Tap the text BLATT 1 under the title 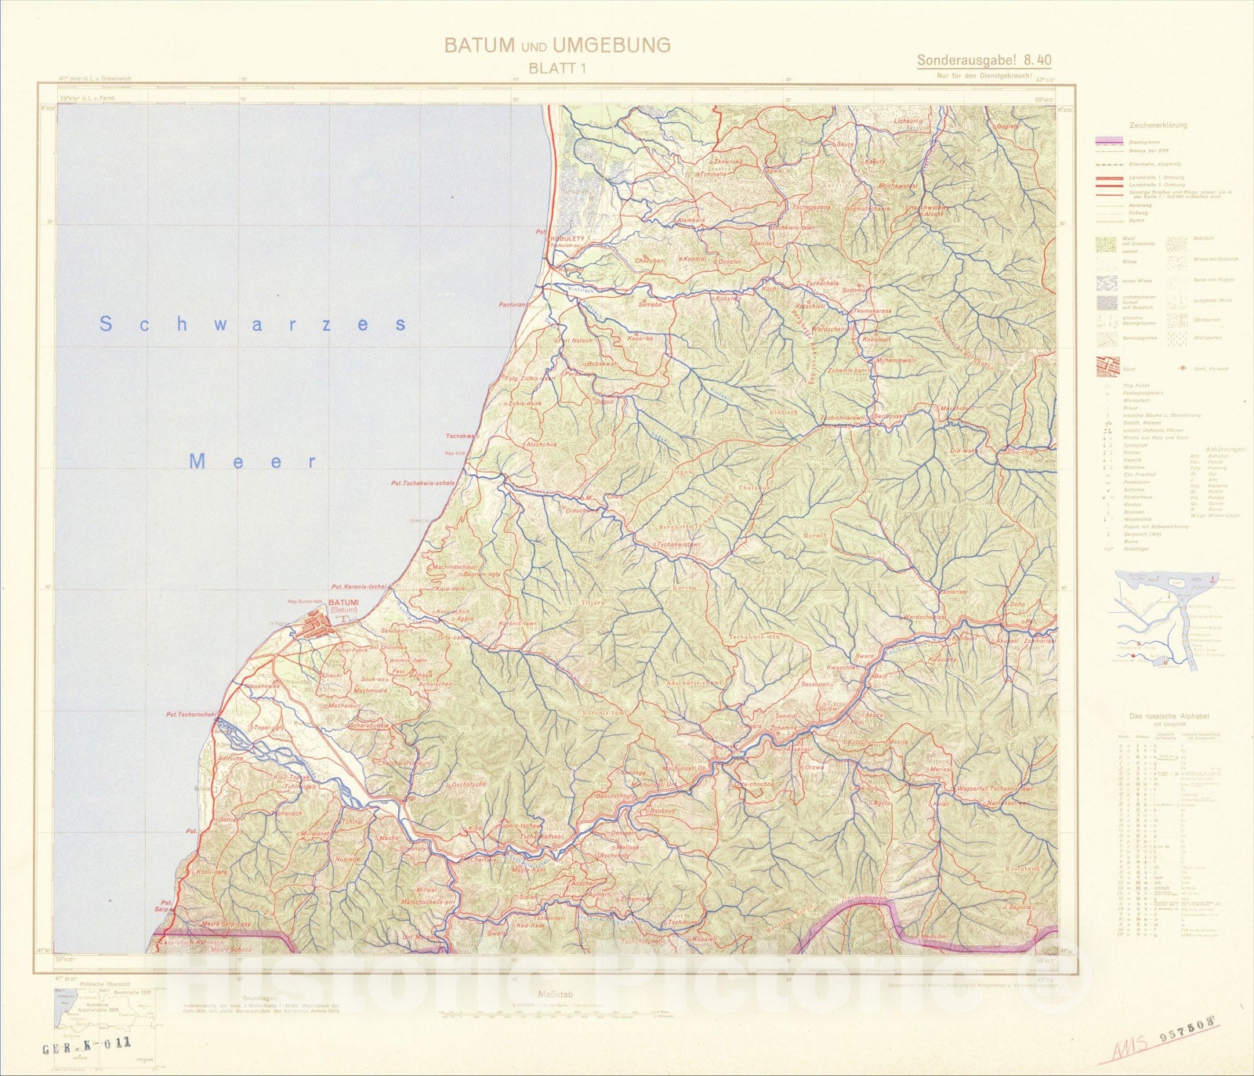557,68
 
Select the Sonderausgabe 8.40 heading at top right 984,60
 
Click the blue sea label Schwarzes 252,324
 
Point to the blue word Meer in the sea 252,462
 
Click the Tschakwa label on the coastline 462,437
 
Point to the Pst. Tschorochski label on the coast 190,714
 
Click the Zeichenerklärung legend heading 1158,125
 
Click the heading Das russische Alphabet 1169,716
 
